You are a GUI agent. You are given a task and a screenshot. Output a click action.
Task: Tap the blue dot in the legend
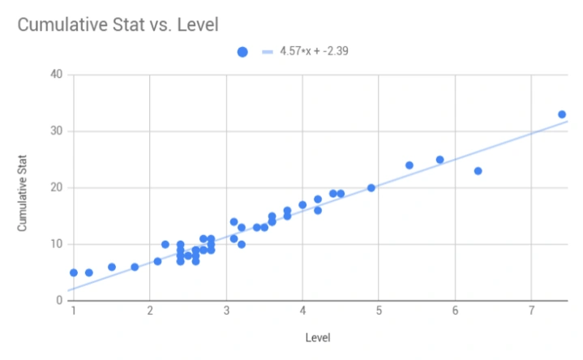point(242,52)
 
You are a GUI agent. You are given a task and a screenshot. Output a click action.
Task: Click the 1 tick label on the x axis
point(73,311)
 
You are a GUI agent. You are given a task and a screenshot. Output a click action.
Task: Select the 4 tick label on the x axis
point(302,311)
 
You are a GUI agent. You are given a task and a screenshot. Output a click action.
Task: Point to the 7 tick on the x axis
point(532,311)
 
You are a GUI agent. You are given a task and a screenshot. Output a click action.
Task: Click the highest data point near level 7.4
point(562,114)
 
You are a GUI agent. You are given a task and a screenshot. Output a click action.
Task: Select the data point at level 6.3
point(478,171)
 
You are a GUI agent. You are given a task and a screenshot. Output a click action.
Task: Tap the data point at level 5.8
point(439,160)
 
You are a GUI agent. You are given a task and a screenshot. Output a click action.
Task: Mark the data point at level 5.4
point(409,165)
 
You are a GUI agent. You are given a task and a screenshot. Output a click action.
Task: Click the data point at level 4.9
point(371,187)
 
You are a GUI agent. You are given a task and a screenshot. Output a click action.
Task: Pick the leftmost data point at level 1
point(74,272)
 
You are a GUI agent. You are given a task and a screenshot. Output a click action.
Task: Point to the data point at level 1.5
point(112,267)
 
